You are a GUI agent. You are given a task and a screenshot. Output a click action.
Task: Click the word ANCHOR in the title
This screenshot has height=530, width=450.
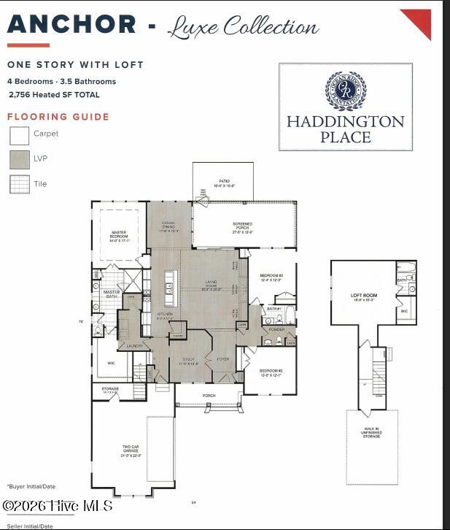[x=71, y=25]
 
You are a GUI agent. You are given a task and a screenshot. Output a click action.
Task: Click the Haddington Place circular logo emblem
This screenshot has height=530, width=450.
[x=345, y=91]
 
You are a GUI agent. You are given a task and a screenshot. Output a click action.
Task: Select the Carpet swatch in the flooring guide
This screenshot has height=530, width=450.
[x=20, y=135]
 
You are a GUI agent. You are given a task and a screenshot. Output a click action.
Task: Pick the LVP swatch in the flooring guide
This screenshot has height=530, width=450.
[x=20, y=159]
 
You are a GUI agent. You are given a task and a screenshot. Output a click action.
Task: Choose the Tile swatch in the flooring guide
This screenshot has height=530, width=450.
[x=20, y=184]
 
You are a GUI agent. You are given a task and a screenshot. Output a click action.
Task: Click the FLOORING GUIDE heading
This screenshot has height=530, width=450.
[x=58, y=117]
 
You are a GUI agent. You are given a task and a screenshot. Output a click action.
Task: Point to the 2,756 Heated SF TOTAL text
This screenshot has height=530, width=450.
[x=55, y=95]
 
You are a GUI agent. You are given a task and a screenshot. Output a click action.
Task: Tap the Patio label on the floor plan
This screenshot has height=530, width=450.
[x=224, y=183]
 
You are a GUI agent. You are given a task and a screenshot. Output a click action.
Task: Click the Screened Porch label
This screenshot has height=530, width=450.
[x=243, y=226]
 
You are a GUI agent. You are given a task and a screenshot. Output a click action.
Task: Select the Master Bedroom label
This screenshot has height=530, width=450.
[x=118, y=236]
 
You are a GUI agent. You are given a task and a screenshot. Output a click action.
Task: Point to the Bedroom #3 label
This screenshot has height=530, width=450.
[x=271, y=277]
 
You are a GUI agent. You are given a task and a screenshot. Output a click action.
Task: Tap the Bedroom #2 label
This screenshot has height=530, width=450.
[x=271, y=373]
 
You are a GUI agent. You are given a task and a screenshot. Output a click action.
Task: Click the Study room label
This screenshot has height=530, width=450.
[x=188, y=361]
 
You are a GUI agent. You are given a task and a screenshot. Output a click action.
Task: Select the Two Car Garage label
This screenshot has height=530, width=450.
[x=131, y=452]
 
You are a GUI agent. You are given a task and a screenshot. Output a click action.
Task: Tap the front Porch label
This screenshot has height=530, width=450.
[x=209, y=396]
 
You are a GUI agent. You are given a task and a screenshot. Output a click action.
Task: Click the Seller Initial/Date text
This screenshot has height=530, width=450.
[x=30, y=526]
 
